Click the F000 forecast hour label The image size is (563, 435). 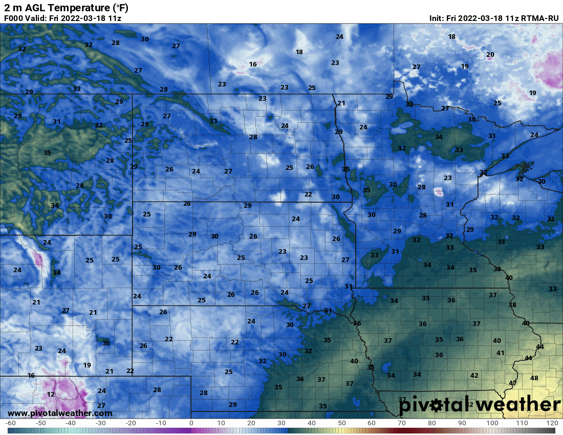coord(13,18)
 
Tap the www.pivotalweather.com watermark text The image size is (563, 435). coord(60,413)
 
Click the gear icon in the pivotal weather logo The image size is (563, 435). coord(436,406)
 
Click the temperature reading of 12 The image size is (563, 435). coord(50,394)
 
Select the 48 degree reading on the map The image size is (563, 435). coord(534,378)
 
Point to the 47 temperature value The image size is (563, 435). coord(513,383)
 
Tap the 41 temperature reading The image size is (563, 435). coord(501,353)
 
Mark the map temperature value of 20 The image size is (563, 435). coord(490,54)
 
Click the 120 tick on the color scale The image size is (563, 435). coord(552,423)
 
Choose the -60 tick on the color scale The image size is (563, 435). coord(10,423)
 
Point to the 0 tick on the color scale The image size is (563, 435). coord(191,423)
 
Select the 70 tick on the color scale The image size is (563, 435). coord(402,423)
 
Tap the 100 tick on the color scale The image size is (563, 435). coord(492,423)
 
